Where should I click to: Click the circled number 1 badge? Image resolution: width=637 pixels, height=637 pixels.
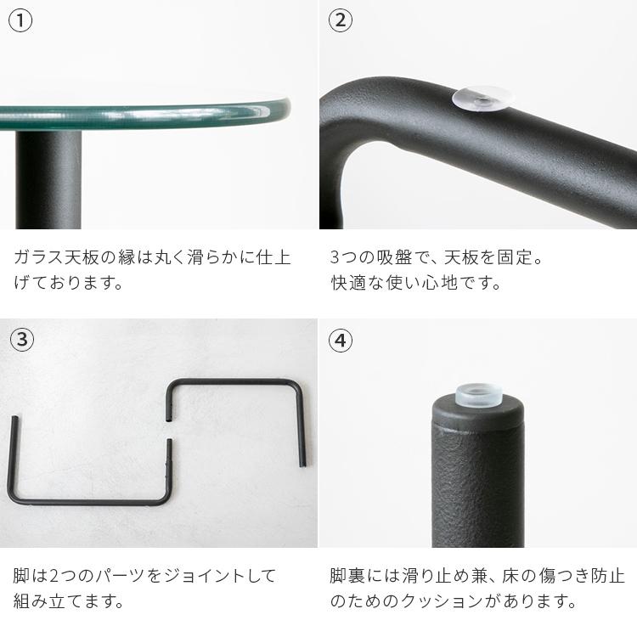click(21, 21)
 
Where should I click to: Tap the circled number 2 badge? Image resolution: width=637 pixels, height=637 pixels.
click(340, 21)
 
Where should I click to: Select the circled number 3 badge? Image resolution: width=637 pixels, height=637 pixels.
click(21, 341)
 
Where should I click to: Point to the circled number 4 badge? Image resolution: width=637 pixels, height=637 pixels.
click(340, 341)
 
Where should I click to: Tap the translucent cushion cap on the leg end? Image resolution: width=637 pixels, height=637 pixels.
click(478, 392)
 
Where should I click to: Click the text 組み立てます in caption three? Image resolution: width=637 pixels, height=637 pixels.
click(69, 602)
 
